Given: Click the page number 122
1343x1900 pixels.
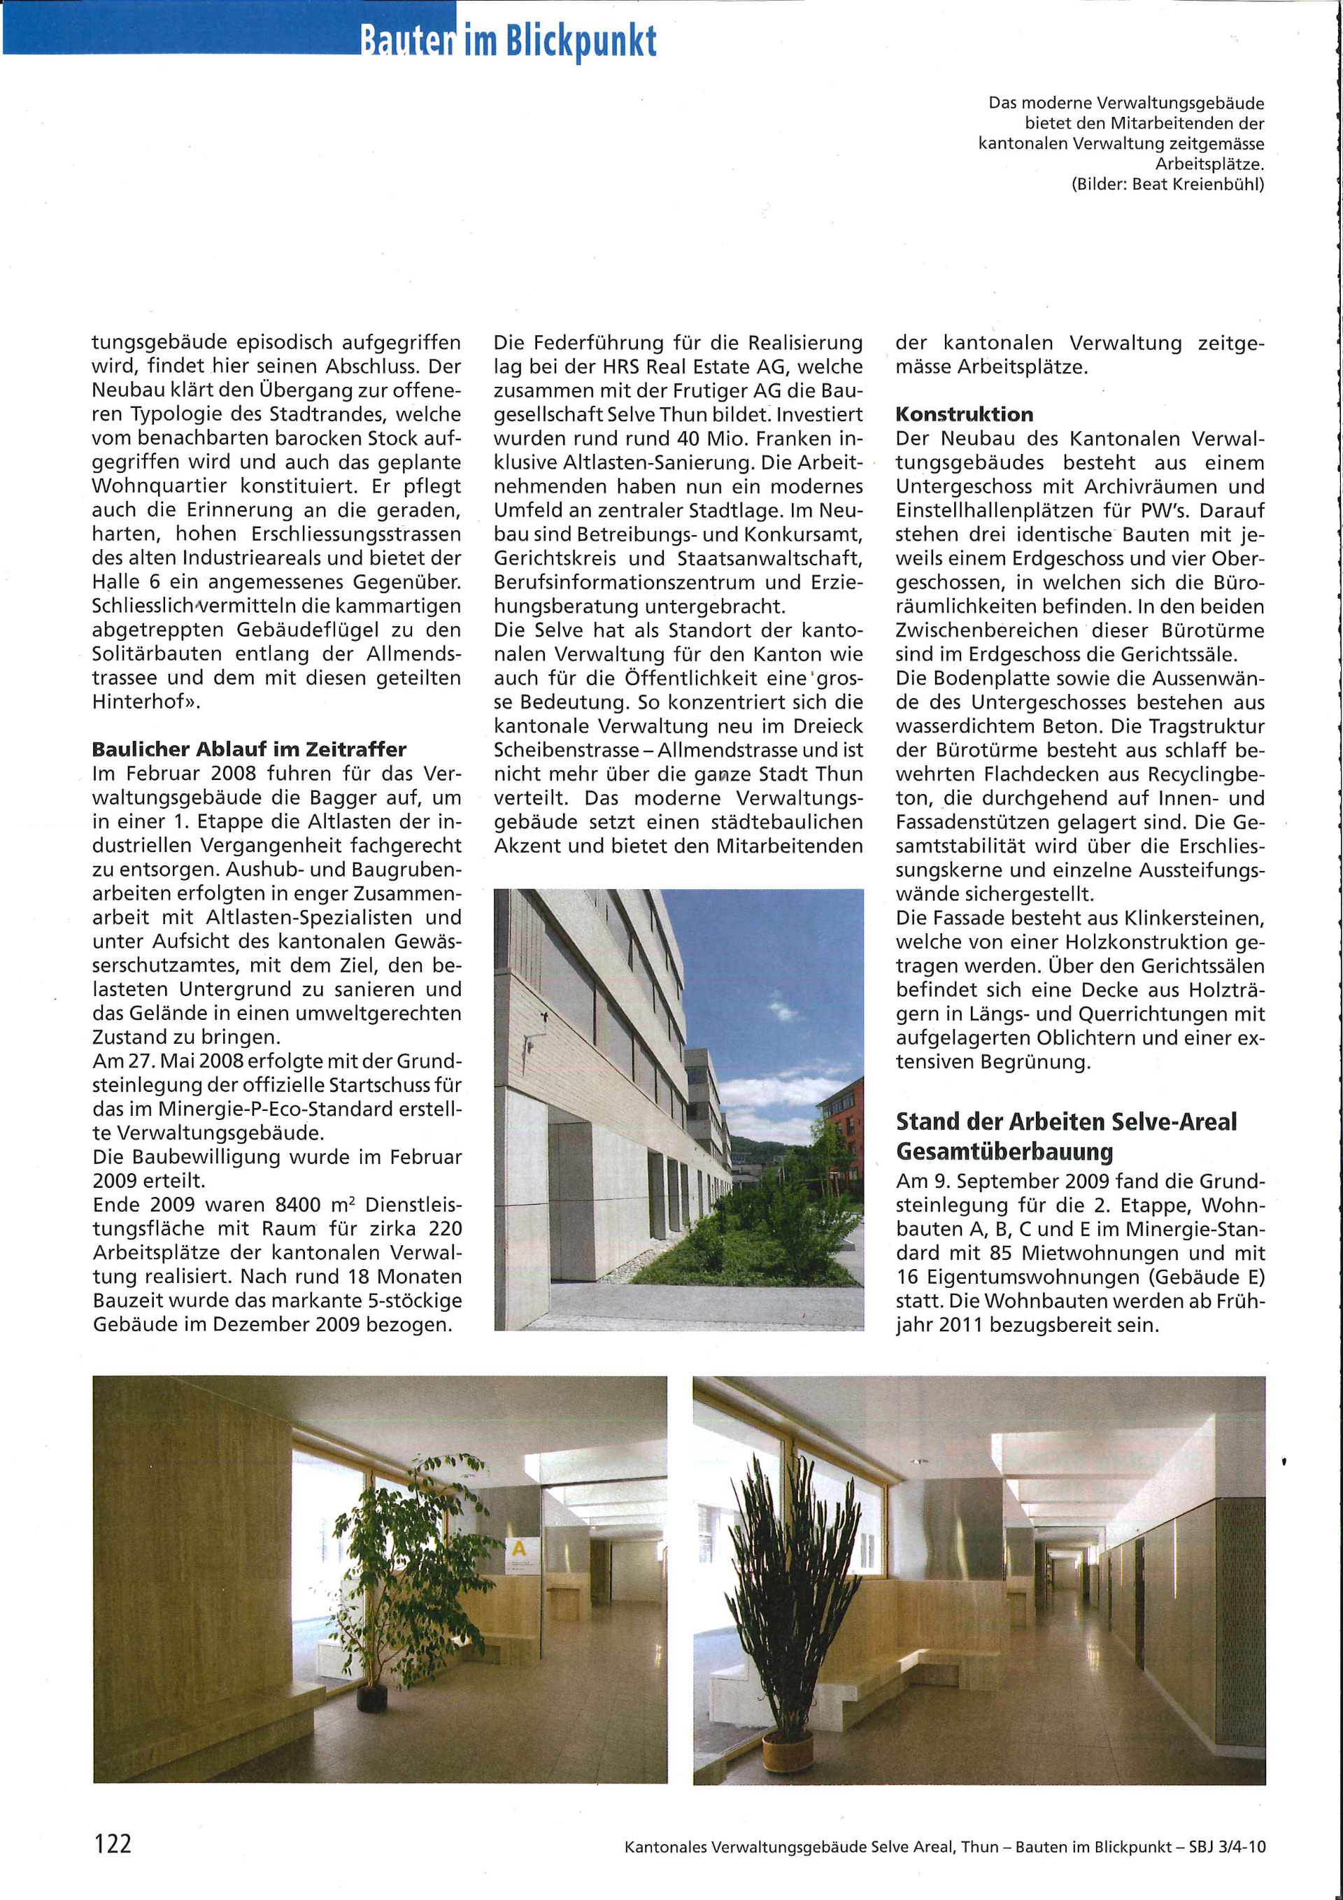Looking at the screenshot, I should point(113,1843).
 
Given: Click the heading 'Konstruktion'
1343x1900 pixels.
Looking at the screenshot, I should point(964,413).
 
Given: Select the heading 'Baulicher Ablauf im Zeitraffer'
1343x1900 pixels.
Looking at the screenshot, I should point(249,750).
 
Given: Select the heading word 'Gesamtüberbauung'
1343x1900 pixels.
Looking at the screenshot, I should point(1004,1152).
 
